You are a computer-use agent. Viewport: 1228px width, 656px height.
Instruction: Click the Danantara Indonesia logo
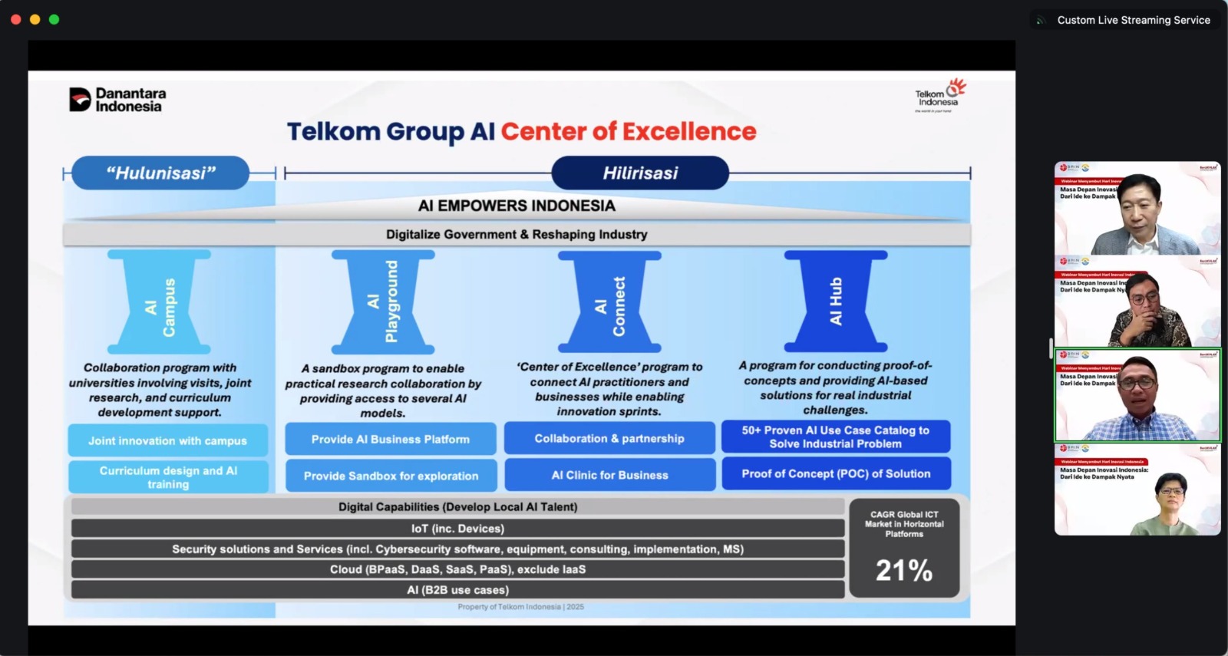tap(117, 100)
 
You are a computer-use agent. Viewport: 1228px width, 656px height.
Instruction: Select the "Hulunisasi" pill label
tap(160, 173)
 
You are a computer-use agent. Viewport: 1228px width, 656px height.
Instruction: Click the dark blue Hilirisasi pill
tap(640, 173)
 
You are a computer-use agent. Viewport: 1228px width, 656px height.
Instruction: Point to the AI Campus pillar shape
tap(160, 302)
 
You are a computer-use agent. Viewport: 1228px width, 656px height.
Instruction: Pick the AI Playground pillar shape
tap(383, 302)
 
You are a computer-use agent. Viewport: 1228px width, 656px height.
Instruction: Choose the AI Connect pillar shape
tap(609, 302)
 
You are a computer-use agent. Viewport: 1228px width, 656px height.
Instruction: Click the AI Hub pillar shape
tap(835, 301)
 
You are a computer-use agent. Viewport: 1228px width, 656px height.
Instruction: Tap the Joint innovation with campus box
tap(167, 441)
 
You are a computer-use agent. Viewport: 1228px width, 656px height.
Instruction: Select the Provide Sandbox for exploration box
tap(391, 476)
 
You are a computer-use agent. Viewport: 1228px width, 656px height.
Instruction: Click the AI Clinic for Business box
tap(609, 475)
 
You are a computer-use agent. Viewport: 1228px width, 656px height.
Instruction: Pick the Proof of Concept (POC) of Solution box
tap(836, 474)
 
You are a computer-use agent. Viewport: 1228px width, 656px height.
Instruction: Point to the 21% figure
tap(904, 570)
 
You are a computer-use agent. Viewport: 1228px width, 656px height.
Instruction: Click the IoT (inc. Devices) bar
tap(457, 529)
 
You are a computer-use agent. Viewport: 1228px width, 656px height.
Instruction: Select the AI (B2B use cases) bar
tap(457, 590)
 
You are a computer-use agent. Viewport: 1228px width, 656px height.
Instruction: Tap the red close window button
tap(15, 19)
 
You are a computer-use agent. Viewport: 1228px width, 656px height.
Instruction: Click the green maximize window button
tap(54, 19)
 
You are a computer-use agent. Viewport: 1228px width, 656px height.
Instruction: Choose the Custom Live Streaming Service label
tap(1133, 20)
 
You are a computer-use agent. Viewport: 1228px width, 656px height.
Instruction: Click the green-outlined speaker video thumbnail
tap(1137, 395)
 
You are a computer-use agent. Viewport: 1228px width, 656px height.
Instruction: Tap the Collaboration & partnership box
tap(609, 438)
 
